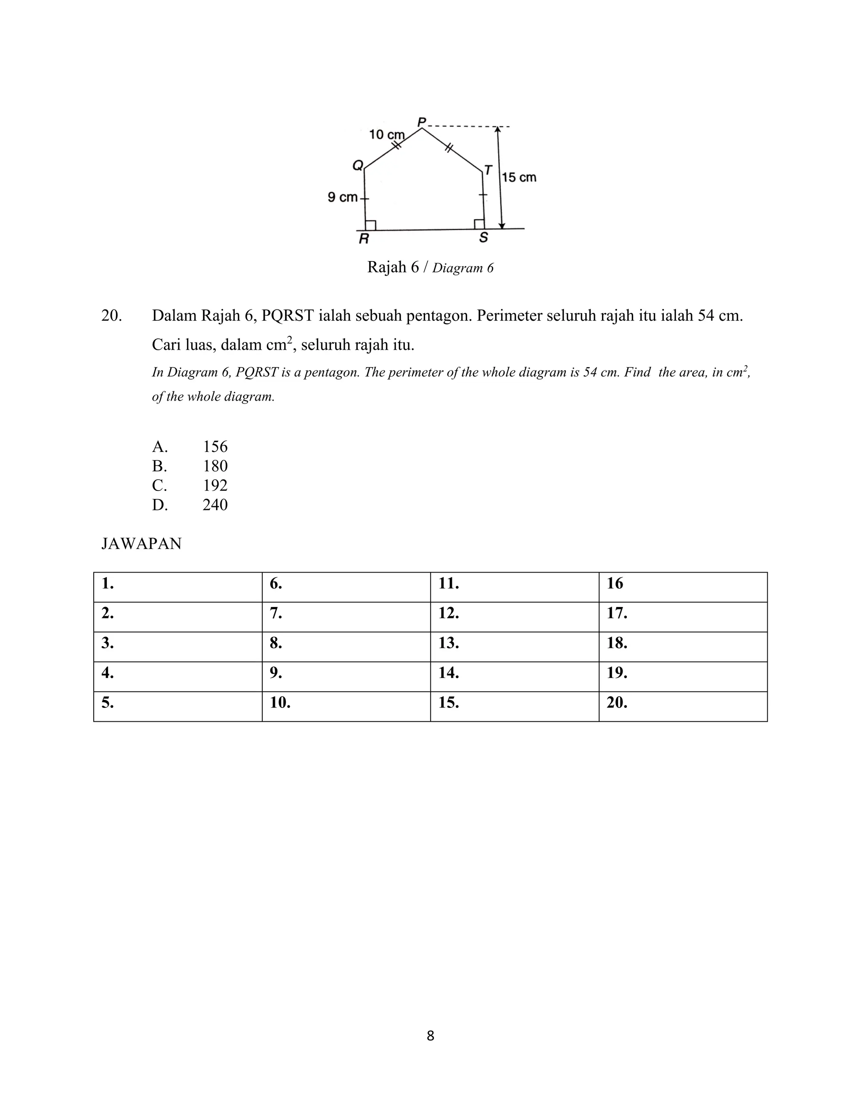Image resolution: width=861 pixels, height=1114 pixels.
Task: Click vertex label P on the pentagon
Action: pyautogui.click(x=422, y=122)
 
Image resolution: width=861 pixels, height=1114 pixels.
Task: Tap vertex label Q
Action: pyautogui.click(x=358, y=165)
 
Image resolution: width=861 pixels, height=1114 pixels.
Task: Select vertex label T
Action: pyautogui.click(x=488, y=170)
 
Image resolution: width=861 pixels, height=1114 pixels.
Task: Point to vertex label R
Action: pyautogui.click(x=364, y=239)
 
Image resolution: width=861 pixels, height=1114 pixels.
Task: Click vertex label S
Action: pyautogui.click(x=483, y=238)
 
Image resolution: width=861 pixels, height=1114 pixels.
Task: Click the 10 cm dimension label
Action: pyautogui.click(x=387, y=135)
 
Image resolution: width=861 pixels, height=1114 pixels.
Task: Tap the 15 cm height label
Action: pyautogui.click(x=519, y=177)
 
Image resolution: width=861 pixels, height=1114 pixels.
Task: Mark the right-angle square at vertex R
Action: pyautogui.click(x=371, y=225)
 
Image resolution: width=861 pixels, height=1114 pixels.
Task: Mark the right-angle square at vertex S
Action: pyautogui.click(x=479, y=224)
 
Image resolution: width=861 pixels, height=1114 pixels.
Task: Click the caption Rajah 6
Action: pyautogui.click(x=393, y=267)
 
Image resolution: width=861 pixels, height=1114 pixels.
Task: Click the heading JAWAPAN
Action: pyautogui.click(x=141, y=544)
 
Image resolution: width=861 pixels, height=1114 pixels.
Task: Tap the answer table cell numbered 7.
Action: pyautogui.click(x=346, y=617)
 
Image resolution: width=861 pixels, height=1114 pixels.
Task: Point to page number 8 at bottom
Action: pyautogui.click(x=430, y=1036)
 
